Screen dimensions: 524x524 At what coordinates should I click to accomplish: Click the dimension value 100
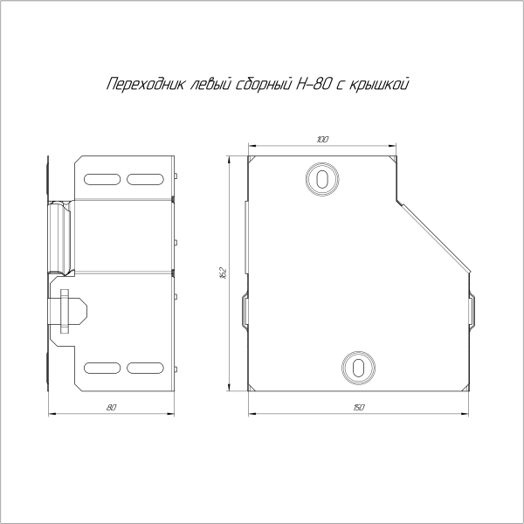[322, 140]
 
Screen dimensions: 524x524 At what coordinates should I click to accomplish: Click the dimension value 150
[359, 408]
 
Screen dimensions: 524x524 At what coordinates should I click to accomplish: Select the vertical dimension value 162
[224, 273]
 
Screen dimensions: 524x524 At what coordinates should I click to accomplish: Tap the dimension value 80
[112, 408]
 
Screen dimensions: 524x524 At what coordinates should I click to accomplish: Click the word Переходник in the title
[146, 84]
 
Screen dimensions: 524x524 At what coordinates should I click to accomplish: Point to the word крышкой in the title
[379, 84]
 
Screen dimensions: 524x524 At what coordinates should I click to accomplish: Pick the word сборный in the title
[264, 84]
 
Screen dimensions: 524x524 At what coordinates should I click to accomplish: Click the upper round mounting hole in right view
[322, 179]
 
